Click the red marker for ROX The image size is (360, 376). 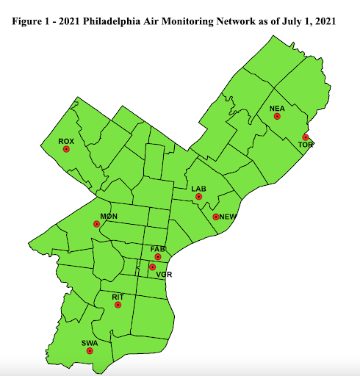click(66, 149)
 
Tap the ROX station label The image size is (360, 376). click(66, 141)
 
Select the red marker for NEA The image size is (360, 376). click(277, 116)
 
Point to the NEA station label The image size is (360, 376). click(277, 109)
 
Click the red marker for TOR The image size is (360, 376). click(304, 137)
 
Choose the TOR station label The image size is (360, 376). click(306, 145)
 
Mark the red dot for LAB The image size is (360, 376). click(198, 197)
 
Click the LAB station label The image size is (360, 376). click(198, 189)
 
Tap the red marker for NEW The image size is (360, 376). click(215, 217)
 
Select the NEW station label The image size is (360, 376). click(228, 217)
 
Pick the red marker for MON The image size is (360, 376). click(96, 224)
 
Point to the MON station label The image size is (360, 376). click(109, 216)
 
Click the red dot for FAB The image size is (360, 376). click(158, 257)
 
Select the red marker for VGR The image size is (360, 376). click(152, 267)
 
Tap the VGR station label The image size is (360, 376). click(164, 274)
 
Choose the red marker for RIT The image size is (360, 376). click(118, 305)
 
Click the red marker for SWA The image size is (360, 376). click(90, 351)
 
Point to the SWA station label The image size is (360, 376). click(89, 343)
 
